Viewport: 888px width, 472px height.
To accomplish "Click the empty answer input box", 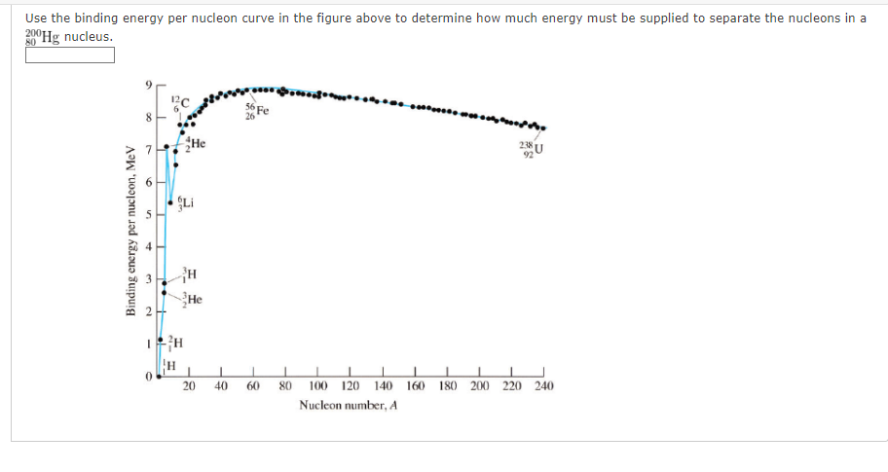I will pyautogui.click(x=70, y=54).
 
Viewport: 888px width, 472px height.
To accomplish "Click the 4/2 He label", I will pyautogui.click(x=195, y=145).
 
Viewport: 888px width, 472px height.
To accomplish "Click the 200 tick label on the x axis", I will pyautogui.click(x=479, y=386).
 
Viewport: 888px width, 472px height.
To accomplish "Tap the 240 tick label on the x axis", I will pyautogui.click(x=543, y=386).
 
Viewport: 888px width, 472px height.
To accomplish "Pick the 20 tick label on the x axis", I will pyautogui.click(x=189, y=386).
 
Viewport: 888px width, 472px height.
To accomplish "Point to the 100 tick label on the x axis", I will pyautogui.click(x=317, y=386).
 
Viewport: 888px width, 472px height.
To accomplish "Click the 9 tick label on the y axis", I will pyautogui.click(x=148, y=86).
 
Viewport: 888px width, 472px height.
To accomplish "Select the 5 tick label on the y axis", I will pyautogui.click(x=148, y=214).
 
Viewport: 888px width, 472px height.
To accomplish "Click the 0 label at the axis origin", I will pyautogui.click(x=148, y=376).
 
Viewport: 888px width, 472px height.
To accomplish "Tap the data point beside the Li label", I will pyautogui.click(x=171, y=202).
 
